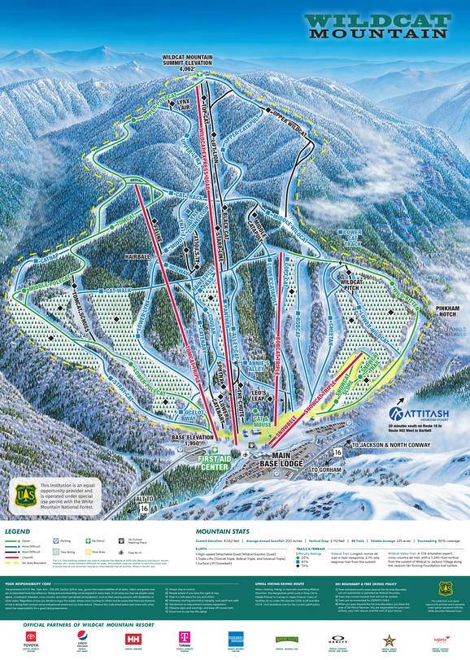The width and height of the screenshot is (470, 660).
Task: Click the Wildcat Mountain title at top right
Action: point(380,27)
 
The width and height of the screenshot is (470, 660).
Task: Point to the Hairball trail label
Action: point(139,256)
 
